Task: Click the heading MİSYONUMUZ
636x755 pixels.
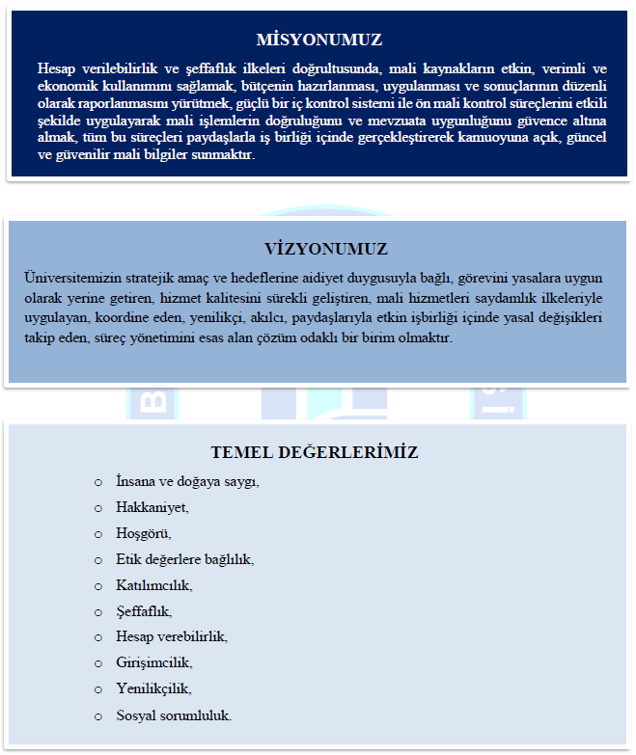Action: [x=318, y=40]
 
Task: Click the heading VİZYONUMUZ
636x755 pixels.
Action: [x=318, y=249]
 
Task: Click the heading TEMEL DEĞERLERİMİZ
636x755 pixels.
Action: [x=315, y=452]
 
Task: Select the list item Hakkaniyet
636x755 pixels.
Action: [x=152, y=507]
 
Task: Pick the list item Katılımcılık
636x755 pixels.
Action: [x=154, y=585]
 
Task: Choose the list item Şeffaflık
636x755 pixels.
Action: [x=144, y=611]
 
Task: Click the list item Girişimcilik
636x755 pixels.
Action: [x=154, y=663]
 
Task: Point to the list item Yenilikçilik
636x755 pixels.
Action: [x=153, y=689]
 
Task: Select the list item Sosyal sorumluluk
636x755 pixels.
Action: [x=174, y=715]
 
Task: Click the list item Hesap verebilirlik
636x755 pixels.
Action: [x=172, y=637]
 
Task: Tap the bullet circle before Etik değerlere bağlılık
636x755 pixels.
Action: [x=97, y=559]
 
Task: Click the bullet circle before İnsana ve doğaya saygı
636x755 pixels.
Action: [x=97, y=481]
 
